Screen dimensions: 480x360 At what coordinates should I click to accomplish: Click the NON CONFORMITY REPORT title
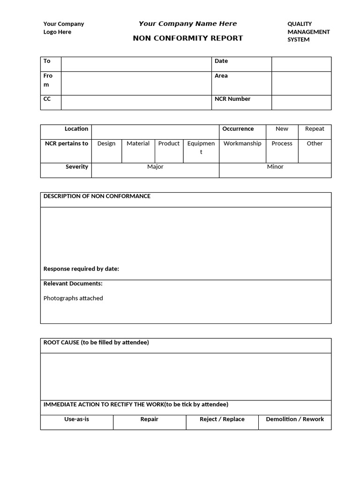pos(188,38)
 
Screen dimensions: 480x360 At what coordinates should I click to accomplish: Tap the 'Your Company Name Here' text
pos(187,23)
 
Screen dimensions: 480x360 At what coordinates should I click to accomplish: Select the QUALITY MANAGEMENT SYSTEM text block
pos(308,31)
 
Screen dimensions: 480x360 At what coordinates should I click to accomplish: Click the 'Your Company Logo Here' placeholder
pos(64,28)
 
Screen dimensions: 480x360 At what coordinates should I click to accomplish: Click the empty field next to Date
pos(301,64)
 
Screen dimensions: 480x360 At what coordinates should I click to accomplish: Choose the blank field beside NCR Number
pos(301,102)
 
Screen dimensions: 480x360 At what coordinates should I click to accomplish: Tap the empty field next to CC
pos(136,102)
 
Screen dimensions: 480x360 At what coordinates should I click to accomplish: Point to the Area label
pos(221,75)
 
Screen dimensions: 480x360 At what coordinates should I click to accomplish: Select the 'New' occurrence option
pos(282,129)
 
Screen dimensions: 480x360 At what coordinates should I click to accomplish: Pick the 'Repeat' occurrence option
pos(315,129)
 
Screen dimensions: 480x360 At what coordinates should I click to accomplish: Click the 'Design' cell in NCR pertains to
pos(106,143)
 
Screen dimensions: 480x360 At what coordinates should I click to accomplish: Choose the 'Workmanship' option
pos(242,143)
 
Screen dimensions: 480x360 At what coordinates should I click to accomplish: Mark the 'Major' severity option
pos(155,167)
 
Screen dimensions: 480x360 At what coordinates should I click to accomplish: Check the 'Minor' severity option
pos(275,167)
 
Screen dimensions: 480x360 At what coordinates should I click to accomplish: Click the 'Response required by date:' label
pos(81,269)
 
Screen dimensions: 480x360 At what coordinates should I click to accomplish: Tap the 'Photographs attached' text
pos(73,298)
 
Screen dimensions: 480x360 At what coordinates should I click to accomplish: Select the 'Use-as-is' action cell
pos(76,419)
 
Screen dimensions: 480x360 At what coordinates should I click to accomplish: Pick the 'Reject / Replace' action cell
pos(222,419)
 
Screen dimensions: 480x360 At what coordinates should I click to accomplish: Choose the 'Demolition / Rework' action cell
pos(295,419)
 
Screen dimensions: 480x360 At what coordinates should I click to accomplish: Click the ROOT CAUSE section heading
pos(96,343)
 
